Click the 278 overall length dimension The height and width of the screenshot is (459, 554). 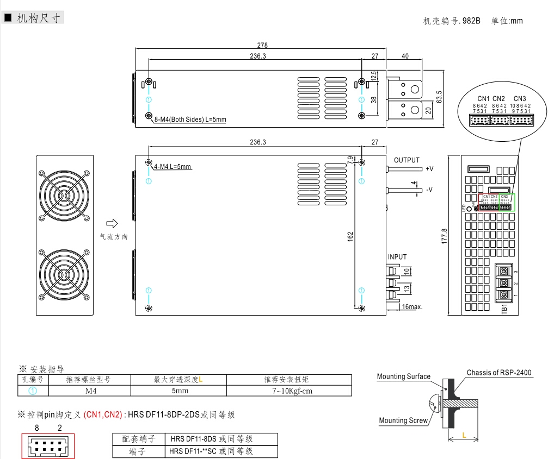coord(262,46)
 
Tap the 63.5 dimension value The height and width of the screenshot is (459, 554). coord(439,96)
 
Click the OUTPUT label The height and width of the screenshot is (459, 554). coord(407,160)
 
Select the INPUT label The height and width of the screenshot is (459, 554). coord(397,257)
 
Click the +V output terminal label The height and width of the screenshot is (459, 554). coord(429,168)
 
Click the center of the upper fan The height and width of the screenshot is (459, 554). coord(64,197)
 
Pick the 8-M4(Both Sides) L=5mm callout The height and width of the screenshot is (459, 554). coord(190,119)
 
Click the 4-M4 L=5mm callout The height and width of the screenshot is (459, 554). coord(173,166)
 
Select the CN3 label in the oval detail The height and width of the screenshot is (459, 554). coord(519,98)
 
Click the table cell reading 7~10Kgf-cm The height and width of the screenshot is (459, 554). coord(288,391)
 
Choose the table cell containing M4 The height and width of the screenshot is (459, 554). coord(90,391)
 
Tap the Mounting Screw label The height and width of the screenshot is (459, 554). coord(403,420)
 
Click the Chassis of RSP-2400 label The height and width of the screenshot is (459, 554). coord(498,373)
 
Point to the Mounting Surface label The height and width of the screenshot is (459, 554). coord(403,376)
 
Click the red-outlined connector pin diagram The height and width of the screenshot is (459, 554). coord(48,446)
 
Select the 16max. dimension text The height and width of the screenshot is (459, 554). coord(411,307)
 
